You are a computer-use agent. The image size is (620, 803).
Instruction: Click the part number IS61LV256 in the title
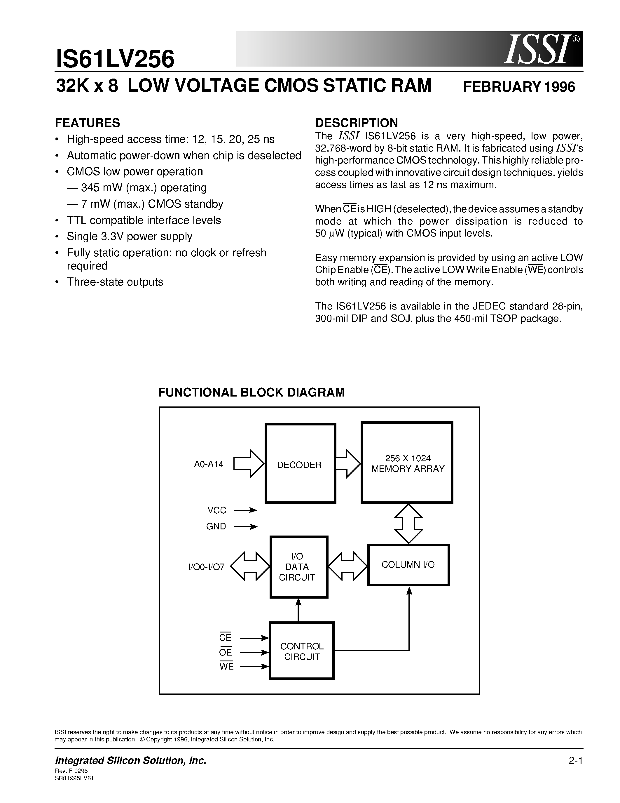pos(115,60)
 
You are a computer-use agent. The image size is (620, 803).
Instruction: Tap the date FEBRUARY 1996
pos(519,87)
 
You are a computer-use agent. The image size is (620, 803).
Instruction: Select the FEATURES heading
pos(88,123)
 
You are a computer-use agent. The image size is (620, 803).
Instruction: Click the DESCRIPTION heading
pos(356,123)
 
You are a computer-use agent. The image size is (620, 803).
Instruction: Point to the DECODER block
pos(300,463)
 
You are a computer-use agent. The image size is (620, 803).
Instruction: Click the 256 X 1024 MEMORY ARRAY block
pos(407,463)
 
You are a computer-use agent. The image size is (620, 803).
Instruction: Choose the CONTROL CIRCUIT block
pos(302,651)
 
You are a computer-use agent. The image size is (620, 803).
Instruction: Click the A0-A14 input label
pos(209,464)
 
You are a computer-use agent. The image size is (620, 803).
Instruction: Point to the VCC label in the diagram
pos(217,510)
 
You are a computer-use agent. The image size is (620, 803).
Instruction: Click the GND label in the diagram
pos(216,526)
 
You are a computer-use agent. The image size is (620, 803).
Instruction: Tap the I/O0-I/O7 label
pos(206,567)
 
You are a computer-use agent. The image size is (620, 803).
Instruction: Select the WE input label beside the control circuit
pos(226,666)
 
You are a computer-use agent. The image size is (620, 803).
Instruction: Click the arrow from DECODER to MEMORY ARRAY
pos(348,464)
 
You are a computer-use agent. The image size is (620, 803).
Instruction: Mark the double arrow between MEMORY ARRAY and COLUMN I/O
pos(408,524)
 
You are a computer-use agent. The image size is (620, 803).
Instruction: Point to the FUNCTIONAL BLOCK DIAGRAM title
pos(251,392)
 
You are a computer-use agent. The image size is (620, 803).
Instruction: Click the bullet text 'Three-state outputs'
pos(115,282)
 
